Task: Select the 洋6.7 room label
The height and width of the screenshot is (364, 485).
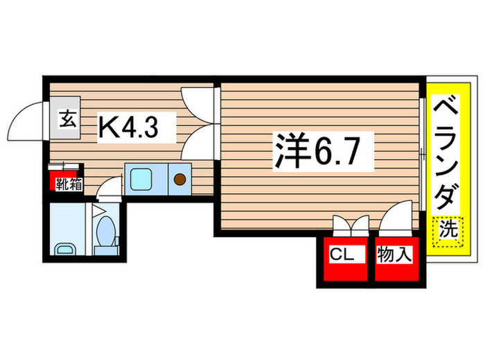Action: [x=318, y=150]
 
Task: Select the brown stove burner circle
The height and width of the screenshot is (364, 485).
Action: [x=179, y=180]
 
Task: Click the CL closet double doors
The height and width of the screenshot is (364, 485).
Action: [x=351, y=225]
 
